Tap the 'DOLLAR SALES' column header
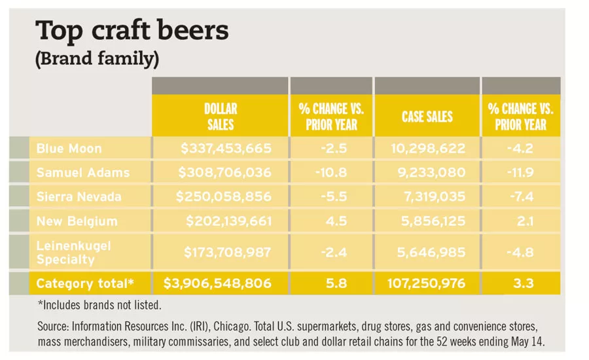tap(220, 116)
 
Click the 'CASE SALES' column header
tap(427, 117)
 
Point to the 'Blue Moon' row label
tap(69, 149)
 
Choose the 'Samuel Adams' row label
tap(83, 173)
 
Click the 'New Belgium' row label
tap(77, 221)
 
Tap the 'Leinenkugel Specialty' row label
tap(74, 252)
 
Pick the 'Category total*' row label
tap(84, 283)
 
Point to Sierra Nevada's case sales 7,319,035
tap(429, 197)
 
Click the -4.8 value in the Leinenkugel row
tap(521, 252)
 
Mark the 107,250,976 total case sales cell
tap(427, 283)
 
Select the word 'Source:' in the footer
tap(54, 327)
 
